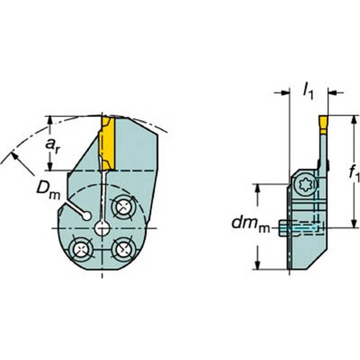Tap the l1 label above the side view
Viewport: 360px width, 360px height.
click(x=309, y=91)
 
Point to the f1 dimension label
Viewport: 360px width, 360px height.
click(x=353, y=174)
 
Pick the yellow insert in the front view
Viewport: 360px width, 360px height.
click(x=107, y=144)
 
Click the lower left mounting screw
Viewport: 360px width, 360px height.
click(x=79, y=247)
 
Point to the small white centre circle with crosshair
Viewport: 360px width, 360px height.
click(x=103, y=228)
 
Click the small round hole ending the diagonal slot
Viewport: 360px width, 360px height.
click(x=88, y=215)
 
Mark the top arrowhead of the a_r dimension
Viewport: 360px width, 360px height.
click(x=50, y=119)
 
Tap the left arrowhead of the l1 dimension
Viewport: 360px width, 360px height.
click(x=286, y=92)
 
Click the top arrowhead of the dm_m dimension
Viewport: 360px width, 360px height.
click(x=259, y=188)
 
